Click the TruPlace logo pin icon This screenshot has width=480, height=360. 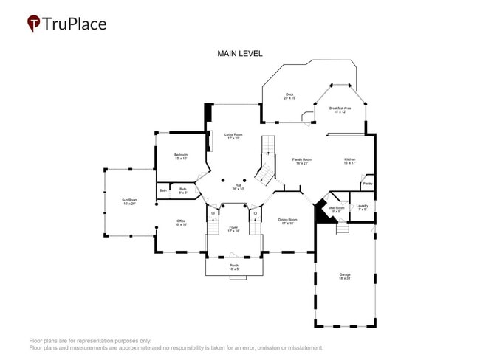34,24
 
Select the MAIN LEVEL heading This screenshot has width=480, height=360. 239,54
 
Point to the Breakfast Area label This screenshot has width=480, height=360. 340,110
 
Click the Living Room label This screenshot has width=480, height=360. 233,136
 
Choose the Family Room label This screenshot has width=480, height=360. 301,161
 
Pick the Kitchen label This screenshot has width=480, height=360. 350,161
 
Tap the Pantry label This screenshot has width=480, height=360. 367,184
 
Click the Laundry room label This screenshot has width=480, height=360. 362,207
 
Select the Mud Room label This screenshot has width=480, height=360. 336,209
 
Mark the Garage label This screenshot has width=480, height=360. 345,276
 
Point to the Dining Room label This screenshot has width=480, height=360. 287,221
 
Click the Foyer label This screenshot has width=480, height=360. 233,229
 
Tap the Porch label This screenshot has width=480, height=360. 233,266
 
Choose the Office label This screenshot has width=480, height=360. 181,223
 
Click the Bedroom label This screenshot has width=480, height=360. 181,157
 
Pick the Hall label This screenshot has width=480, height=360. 239,187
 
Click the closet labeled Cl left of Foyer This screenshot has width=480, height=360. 213,213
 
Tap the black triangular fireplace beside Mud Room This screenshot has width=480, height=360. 322,212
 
